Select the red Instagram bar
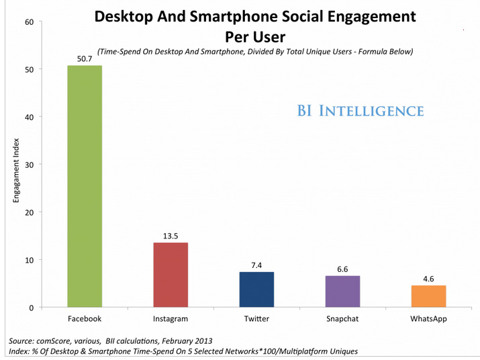click(171, 275)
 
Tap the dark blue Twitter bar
click(256, 289)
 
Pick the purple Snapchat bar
click(342, 291)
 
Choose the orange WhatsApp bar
click(428, 296)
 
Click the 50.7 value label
click(85, 59)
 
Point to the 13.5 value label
click(171, 236)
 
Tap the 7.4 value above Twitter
click(256, 265)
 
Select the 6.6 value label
click(342, 269)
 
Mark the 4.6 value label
click(428, 279)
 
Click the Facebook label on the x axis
click(85, 318)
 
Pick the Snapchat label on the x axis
click(342, 318)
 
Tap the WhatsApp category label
click(428, 318)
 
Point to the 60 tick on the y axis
click(30, 21)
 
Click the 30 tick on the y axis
click(30, 165)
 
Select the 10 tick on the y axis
click(30, 260)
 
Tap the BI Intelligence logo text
click(361, 110)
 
